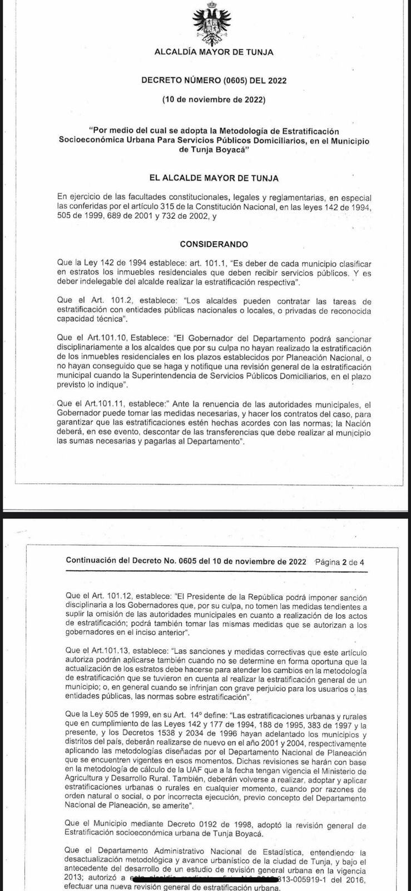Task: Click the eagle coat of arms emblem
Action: coord(213,23)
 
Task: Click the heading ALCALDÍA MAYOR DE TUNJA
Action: coord(214,52)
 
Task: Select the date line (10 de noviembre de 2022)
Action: coord(214,100)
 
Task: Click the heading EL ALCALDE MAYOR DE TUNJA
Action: coord(214,178)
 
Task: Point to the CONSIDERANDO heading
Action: coord(214,244)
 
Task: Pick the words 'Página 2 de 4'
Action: coord(339,562)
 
